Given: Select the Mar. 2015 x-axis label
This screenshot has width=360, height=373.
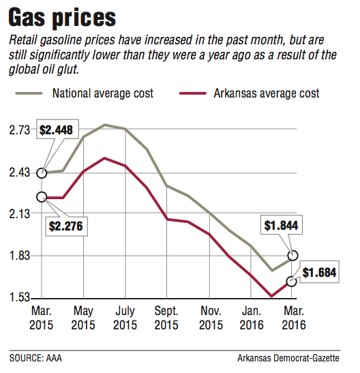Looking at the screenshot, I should coord(42,318).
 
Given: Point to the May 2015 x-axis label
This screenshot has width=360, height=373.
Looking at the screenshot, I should coord(83,318).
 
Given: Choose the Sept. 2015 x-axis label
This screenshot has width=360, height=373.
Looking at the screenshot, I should coord(167,318).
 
